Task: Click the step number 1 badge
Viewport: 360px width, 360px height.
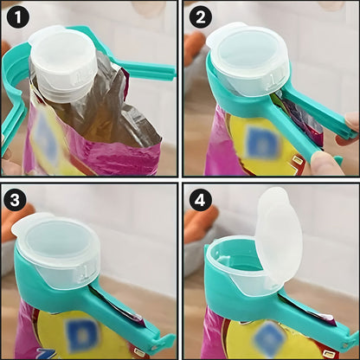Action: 18,17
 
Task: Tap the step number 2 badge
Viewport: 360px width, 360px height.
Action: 201,17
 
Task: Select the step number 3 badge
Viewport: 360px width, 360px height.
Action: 15,200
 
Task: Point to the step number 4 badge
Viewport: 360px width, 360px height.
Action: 201,200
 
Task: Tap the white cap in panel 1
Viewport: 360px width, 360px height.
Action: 63,62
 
